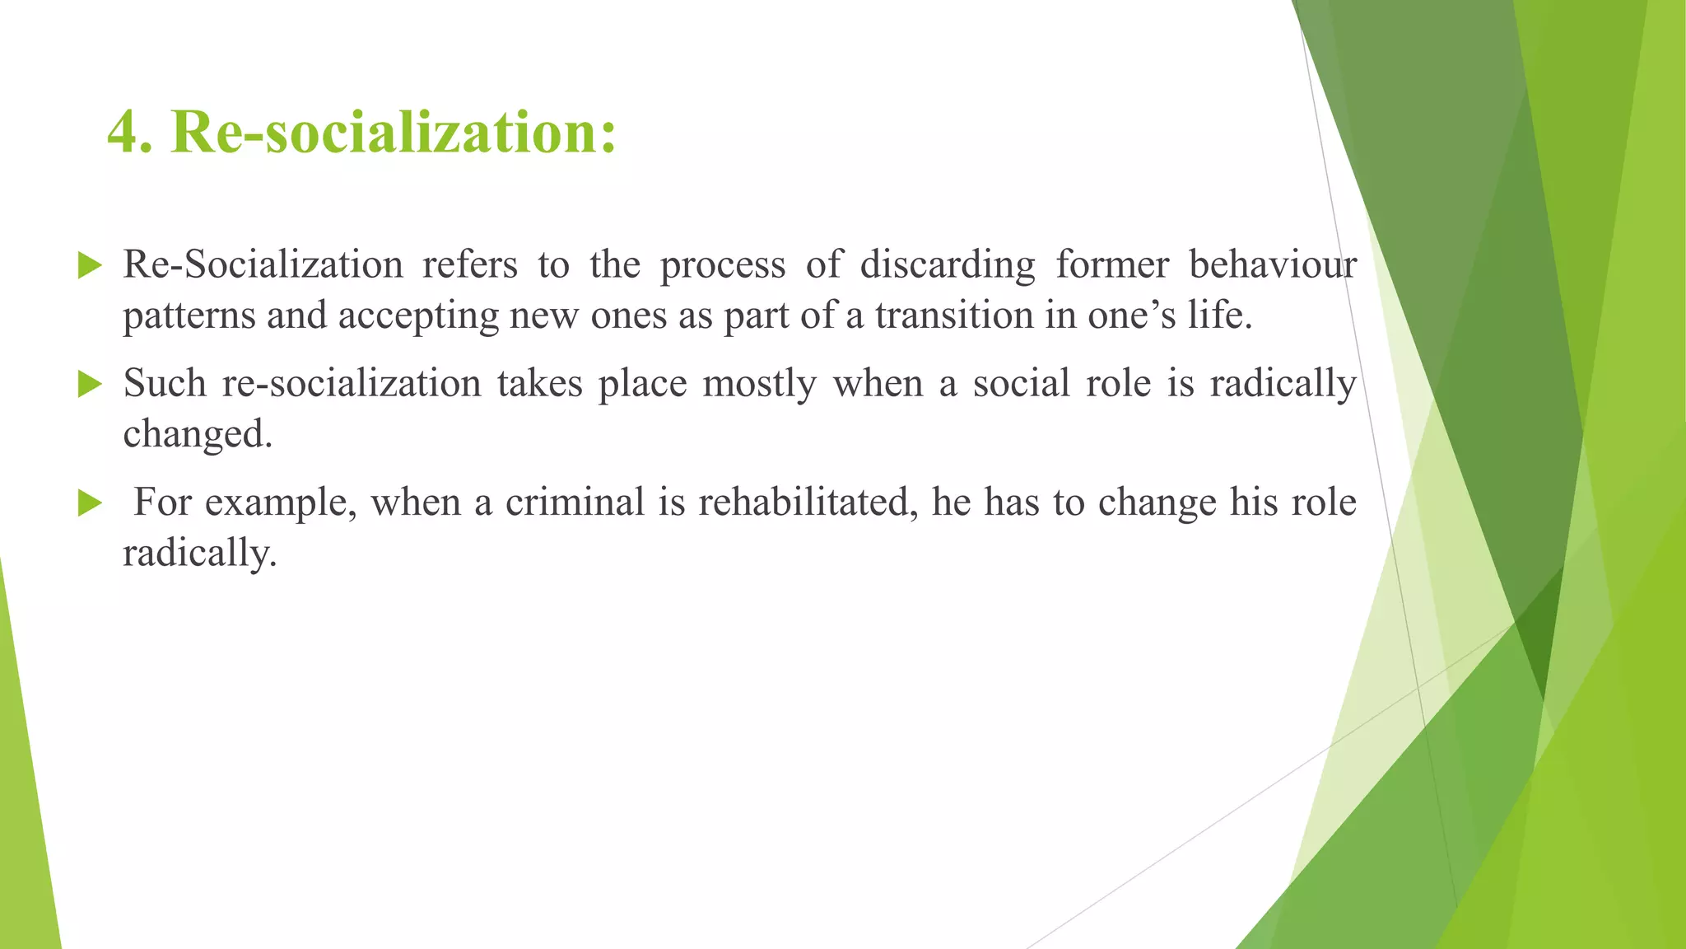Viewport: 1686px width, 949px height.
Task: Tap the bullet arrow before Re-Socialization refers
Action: pos(89,265)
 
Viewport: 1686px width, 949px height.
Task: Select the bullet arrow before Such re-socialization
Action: pos(89,384)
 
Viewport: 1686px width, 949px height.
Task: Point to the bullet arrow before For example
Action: pos(89,503)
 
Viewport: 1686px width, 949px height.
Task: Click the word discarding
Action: pos(948,265)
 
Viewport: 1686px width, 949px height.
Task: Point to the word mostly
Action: pos(759,385)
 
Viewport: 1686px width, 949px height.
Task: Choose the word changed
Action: pos(198,434)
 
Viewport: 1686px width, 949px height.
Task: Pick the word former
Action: pos(1112,265)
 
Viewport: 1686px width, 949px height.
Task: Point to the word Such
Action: pos(165,384)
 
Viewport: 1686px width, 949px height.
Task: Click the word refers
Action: pos(470,265)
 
